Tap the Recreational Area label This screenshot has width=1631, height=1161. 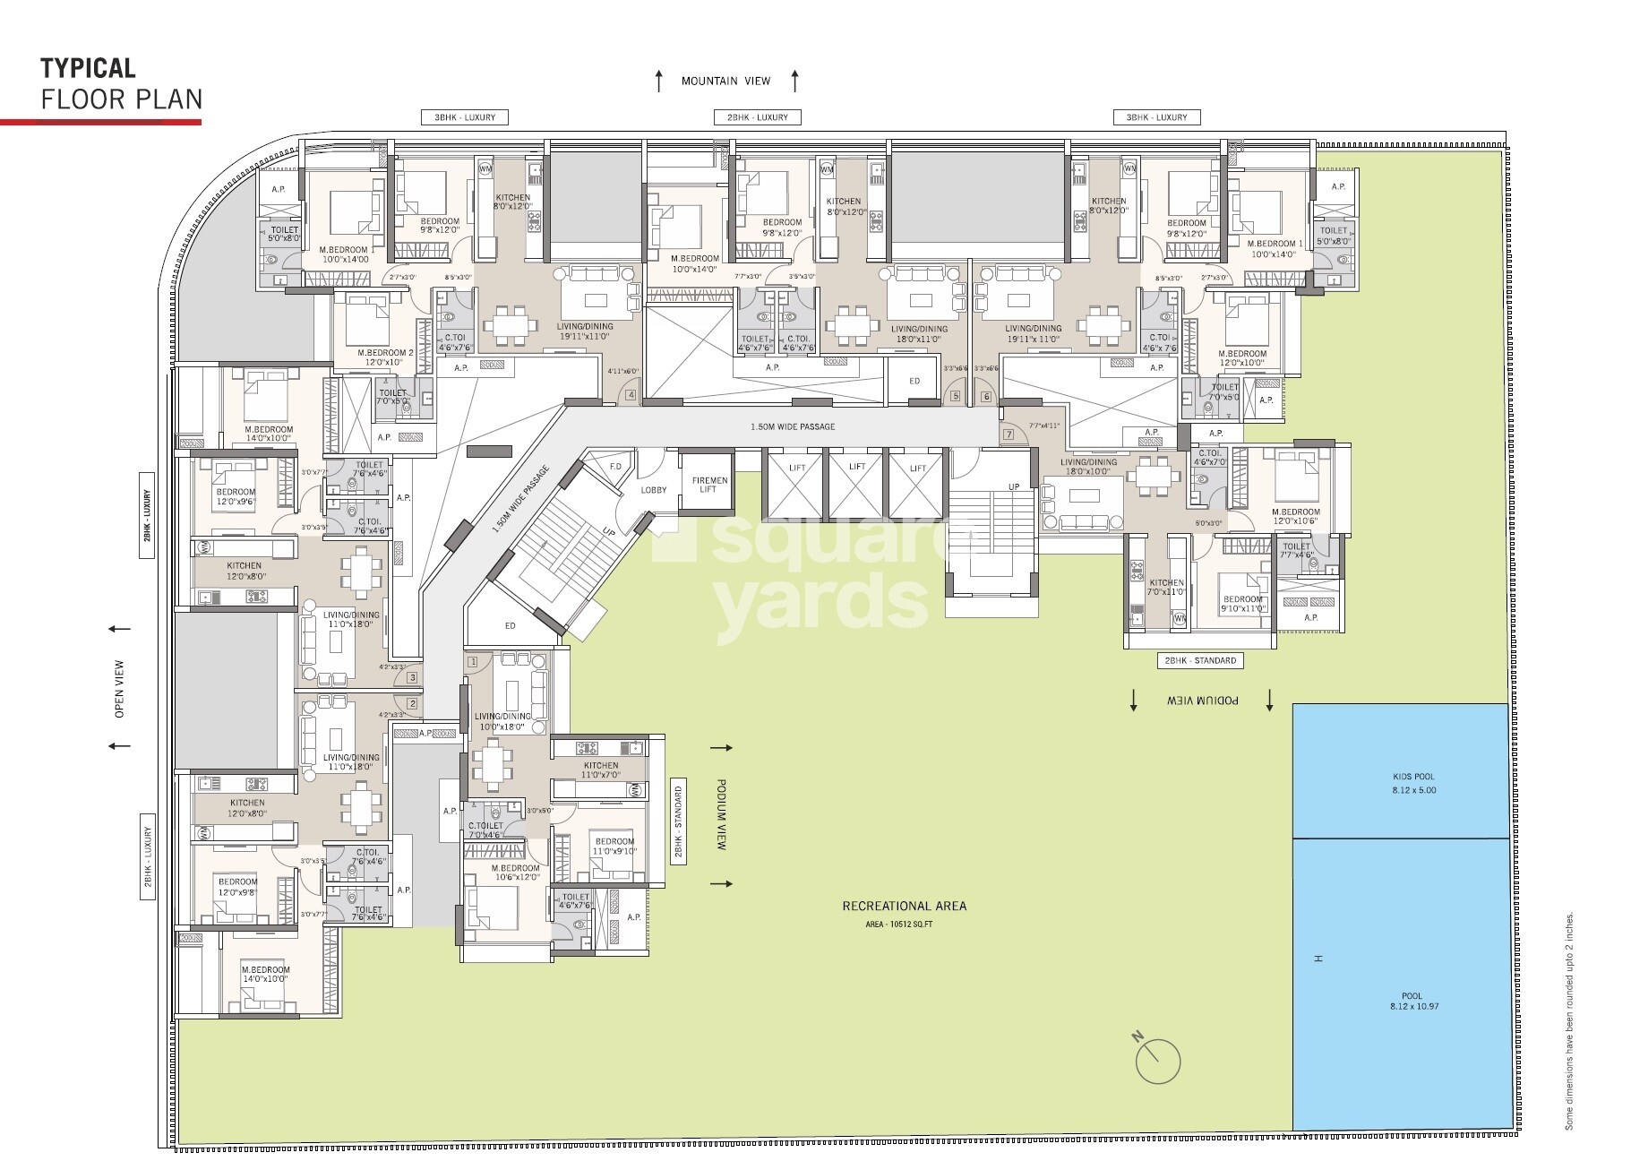(904, 906)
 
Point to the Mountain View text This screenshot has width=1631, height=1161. (725, 82)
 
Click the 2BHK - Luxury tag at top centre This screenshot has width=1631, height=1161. (757, 117)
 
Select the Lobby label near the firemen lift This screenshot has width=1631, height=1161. (654, 490)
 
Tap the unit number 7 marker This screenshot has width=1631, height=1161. (1009, 434)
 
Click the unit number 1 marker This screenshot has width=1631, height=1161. (474, 662)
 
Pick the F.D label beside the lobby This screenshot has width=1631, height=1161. (616, 467)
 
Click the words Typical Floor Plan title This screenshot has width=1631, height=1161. (120, 82)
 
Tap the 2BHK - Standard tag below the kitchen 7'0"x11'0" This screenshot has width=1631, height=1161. (1199, 661)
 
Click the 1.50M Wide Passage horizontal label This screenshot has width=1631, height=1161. (792, 426)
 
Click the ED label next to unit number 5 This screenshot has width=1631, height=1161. (914, 381)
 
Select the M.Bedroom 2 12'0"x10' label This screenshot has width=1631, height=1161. (385, 358)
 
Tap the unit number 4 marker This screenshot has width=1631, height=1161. (631, 395)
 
